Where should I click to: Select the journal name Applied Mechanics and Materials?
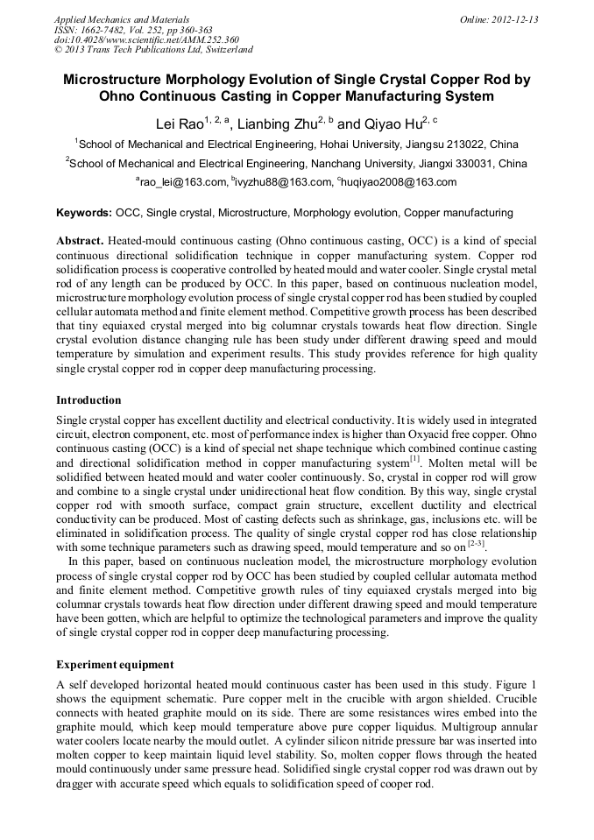[x=121, y=19]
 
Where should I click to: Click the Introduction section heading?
[x=88, y=400]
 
